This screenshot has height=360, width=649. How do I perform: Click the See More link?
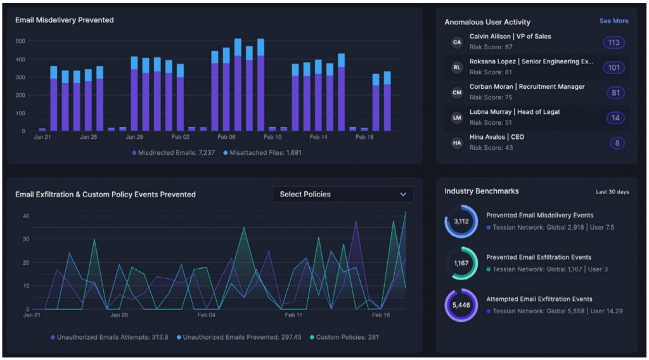click(614, 21)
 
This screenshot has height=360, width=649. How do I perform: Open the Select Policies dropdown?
click(343, 195)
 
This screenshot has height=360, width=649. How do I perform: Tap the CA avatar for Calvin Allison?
click(456, 42)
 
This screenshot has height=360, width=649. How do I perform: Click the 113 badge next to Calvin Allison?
click(614, 42)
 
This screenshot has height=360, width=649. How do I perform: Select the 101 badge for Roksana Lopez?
click(614, 68)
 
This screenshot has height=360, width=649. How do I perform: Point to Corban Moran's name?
click(527, 87)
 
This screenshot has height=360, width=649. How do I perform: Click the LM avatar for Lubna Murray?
click(456, 118)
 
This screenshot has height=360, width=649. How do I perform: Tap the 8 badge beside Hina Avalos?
click(617, 143)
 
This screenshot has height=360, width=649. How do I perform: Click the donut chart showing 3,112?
click(461, 221)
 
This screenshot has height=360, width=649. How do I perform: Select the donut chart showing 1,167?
click(461, 263)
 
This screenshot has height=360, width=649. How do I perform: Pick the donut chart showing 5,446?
click(461, 305)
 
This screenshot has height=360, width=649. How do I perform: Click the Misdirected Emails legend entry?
click(173, 153)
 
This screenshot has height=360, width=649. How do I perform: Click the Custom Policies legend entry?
click(346, 337)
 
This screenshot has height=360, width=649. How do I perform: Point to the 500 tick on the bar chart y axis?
click(20, 41)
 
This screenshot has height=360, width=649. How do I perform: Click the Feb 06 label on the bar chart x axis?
click(226, 137)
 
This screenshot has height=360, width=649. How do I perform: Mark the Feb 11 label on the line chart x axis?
click(293, 315)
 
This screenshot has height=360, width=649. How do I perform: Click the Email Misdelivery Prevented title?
click(65, 20)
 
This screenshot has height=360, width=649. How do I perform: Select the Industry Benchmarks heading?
click(481, 191)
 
